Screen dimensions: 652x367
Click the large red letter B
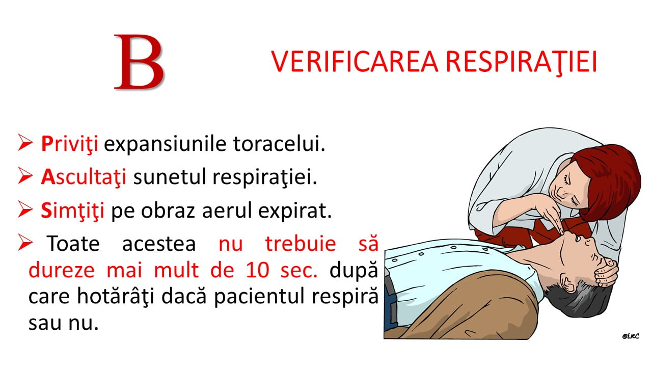tap(139, 62)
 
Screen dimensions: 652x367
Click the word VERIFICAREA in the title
tap(355, 62)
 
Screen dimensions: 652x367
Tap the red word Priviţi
tap(70, 144)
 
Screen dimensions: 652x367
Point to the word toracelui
tap(279, 144)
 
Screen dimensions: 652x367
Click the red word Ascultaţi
tap(84, 177)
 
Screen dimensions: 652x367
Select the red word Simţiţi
tap(72, 211)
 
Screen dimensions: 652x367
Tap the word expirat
tap(295, 211)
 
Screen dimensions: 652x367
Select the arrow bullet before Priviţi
tap(25, 142)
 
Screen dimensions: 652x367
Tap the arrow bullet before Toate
tap(25, 242)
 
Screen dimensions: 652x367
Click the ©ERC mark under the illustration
tap(631, 336)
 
